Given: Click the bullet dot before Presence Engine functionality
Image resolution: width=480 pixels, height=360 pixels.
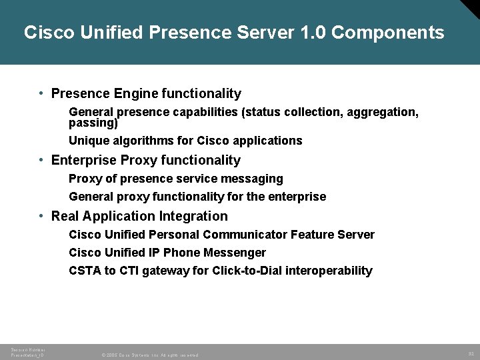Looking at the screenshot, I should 41,93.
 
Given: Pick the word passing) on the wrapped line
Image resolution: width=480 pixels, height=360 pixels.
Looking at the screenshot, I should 93,123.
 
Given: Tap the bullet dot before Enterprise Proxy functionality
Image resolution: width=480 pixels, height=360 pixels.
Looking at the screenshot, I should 41,160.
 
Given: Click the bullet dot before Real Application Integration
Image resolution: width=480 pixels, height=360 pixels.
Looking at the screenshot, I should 41,216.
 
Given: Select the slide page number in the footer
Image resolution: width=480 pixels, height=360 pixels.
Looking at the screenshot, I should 469,353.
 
